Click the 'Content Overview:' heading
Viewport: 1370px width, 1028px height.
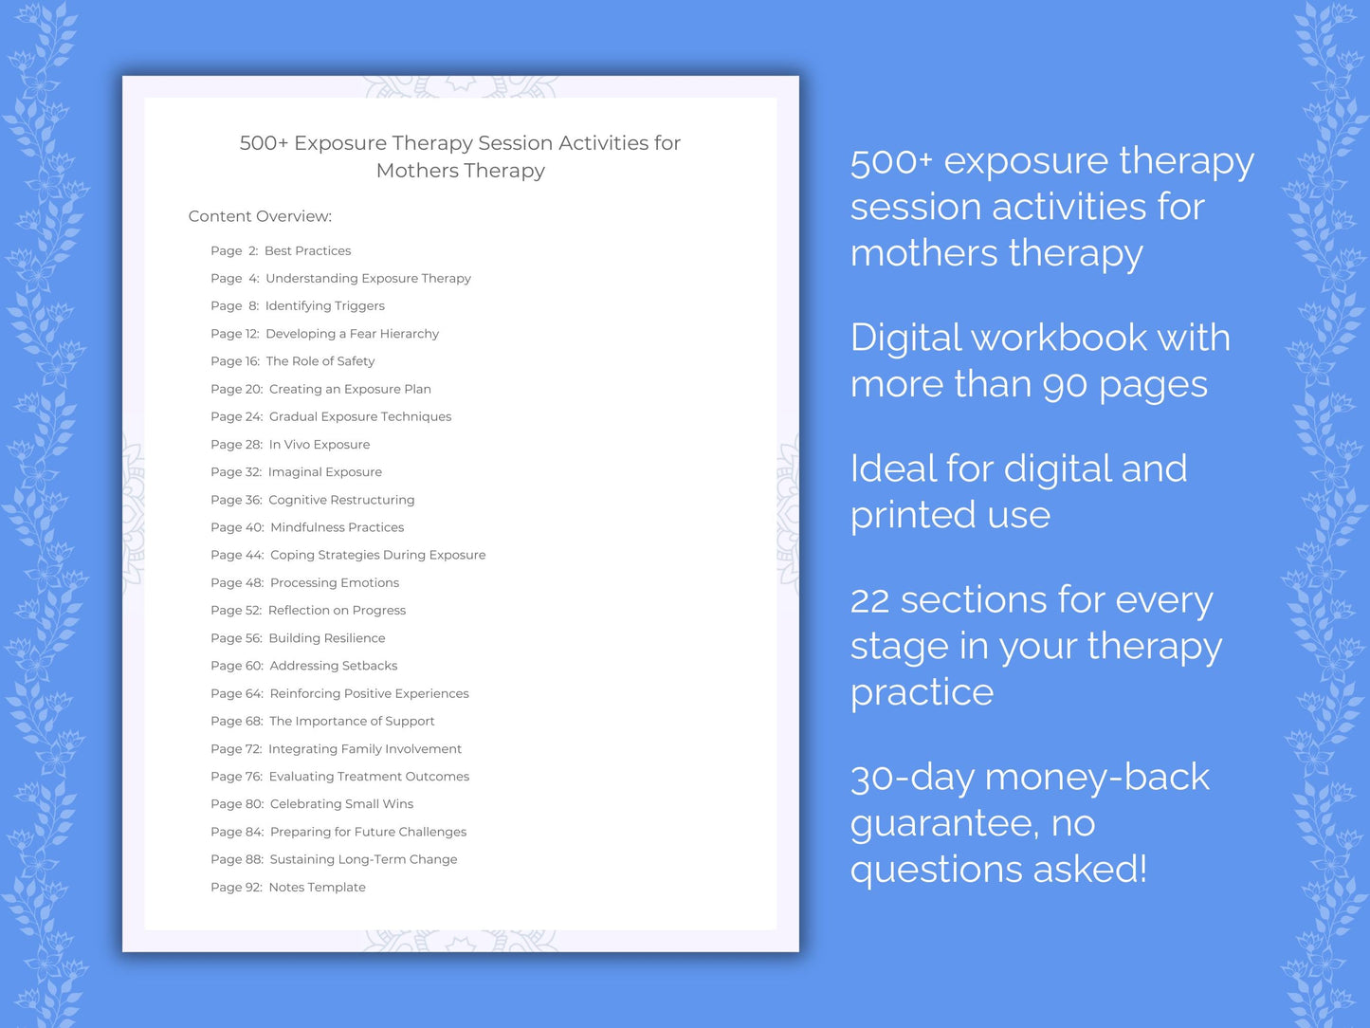click(x=260, y=216)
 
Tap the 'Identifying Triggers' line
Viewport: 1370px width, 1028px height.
click(x=324, y=306)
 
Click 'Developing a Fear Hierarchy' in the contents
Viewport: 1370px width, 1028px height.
click(x=352, y=334)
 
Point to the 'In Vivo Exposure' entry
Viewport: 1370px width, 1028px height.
click(x=320, y=445)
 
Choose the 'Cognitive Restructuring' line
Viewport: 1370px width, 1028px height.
click(x=341, y=500)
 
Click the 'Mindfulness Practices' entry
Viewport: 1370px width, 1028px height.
click(x=337, y=527)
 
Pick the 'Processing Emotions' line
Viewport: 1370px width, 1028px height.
click(x=334, y=583)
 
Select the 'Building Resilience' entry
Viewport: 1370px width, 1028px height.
click(x=326, y=638)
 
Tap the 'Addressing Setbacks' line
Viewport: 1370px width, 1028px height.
click(x=333, y=666)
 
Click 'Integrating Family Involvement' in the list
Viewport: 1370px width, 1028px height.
click(x=364, y=749)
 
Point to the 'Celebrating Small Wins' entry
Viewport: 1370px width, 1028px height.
click(x=341, y=804)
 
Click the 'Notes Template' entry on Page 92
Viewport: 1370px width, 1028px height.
click(x=317, y=888)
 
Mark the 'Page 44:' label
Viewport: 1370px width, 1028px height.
click(x=237, y=556)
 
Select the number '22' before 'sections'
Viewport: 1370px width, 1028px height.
click(x=869, y=601)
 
